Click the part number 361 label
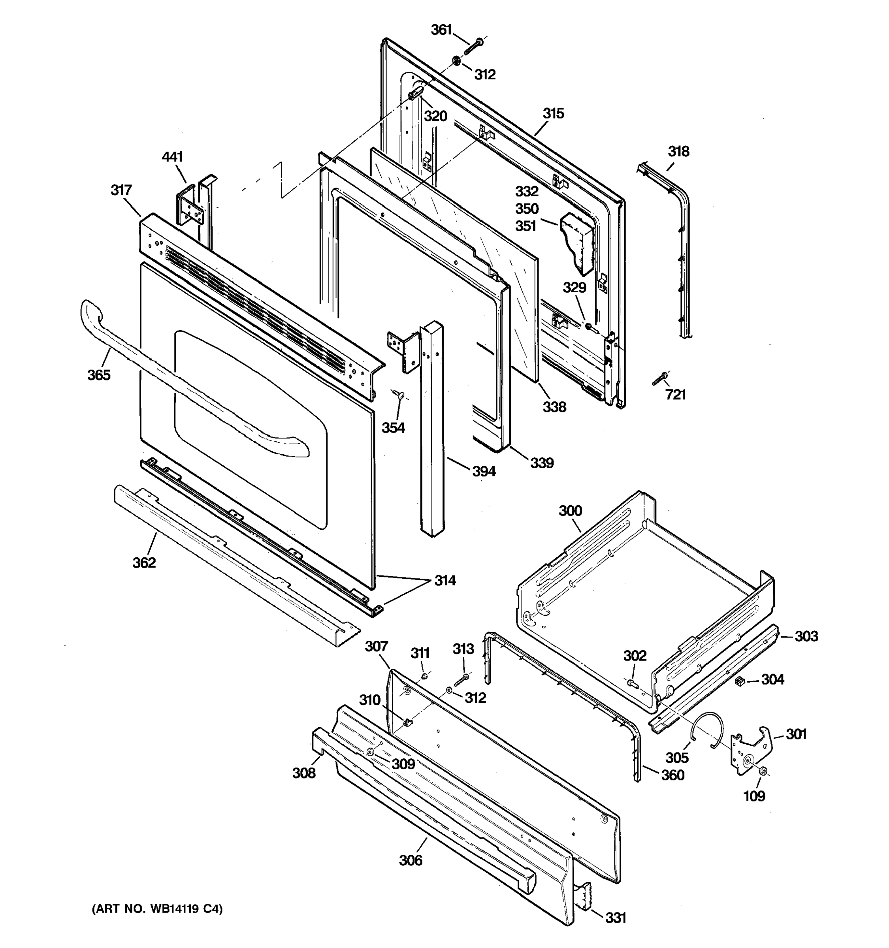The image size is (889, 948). coord(441,30)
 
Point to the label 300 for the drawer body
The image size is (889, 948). coord(571,511)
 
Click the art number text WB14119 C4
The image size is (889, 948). coord(157,909)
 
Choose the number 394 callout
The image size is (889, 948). coord(484,472)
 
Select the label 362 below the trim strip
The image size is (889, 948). coord(144,563)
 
